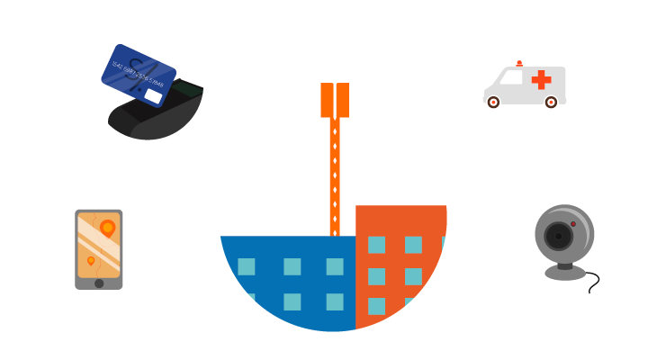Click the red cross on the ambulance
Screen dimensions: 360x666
click(x=541, y=80)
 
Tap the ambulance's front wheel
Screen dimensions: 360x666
click(x=493, y=103)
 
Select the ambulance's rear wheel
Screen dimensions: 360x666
click(x=551, y=103)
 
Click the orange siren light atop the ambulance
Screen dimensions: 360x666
click(x=519, y=63)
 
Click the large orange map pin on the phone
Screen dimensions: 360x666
click(x=107, y=229)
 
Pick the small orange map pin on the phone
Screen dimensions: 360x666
click(x=91, y=261)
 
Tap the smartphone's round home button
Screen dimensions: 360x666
click(x=99, y=283)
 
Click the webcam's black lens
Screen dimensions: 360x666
click(x=558, y=237)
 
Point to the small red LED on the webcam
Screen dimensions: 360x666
click(x=573, y=224)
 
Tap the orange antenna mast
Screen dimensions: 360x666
click(x=335, y=171)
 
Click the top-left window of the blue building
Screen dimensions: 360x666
click(x=246, y=266)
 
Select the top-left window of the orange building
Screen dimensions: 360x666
click(x=376, y=245)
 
